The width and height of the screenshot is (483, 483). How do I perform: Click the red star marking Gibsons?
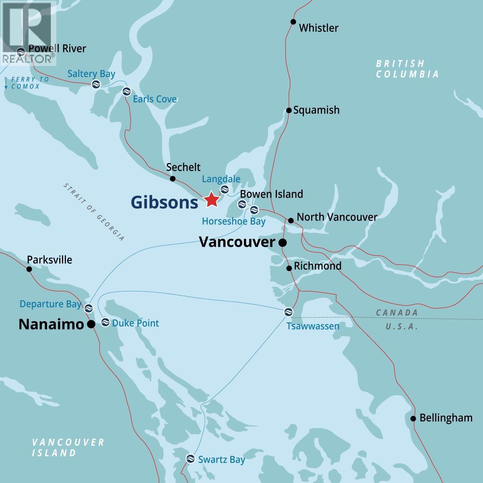click(x=211, y=200)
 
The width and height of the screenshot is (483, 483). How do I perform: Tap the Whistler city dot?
click(x=293, y=22)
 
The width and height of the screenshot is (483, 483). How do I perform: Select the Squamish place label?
click(x=316, y=110)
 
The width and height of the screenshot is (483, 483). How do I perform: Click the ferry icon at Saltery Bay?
click(x=95, y=84)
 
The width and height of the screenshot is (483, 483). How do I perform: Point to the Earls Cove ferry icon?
click(x=126, y=91)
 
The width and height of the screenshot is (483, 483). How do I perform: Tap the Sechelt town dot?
click(x=173, y=179)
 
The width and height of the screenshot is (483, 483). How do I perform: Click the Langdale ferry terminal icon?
click(x=225, y=189)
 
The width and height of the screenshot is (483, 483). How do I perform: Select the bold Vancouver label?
click(x=237, y=242)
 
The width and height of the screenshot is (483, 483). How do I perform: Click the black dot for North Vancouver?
click(x=291, y=220)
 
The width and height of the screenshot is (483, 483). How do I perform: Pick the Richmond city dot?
click(x=289, y=268)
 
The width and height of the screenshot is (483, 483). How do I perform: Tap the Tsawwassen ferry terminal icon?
click(x=288, y=312)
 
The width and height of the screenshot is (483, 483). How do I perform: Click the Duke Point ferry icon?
click(x=105, y=322)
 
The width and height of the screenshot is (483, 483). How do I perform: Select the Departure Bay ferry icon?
click(x=89, y=308)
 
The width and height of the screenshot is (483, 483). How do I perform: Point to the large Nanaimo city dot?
click(x=91, y=324)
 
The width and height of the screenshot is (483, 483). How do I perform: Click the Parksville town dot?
click(x=29, y=269)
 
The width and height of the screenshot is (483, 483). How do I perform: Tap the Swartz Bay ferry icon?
click(x=190, y=458)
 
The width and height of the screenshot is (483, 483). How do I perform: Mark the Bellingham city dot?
click(x=413, y=419)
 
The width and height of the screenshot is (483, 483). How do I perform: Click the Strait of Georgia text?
click(x=94, y=212)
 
